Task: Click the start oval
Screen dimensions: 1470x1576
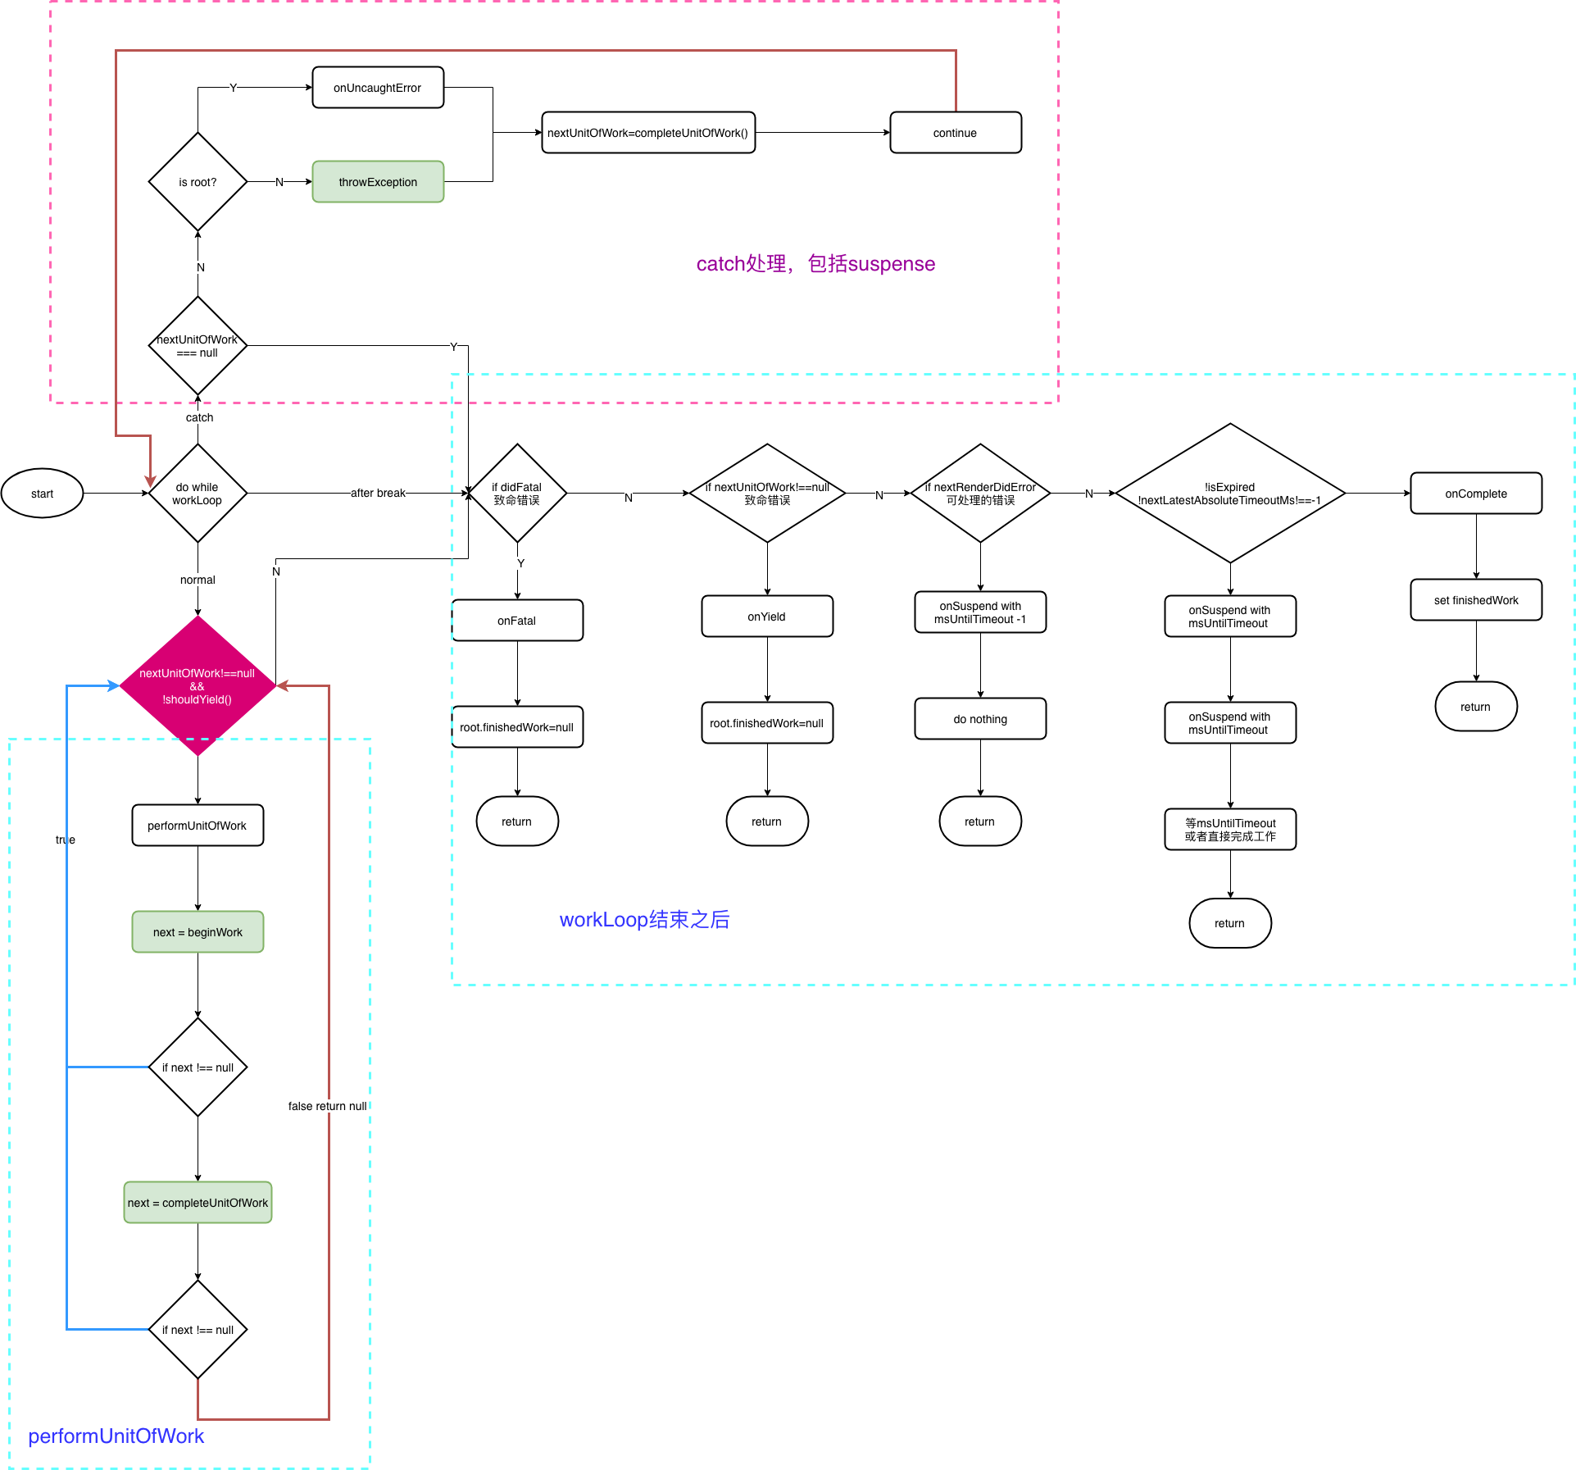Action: tap(43, 494)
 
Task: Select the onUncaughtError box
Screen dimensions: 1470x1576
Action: tap(378, 88)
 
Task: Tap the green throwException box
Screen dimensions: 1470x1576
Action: tap(378, 182)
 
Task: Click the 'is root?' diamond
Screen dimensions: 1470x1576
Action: tap(198, 182)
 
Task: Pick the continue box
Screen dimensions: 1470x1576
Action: tap(956, 133)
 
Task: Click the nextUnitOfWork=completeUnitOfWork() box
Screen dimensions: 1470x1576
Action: tap(648, 133)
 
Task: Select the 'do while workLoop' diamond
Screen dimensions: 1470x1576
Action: tap(198, 494)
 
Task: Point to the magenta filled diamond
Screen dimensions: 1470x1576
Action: tap(198, 686)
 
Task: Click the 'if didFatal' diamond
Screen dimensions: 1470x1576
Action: tap(517, 494)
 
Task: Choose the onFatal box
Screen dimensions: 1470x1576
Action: tap(517, 621)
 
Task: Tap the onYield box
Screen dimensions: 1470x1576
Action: tap(767, 617)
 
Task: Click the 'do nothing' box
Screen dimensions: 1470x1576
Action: tap(980, 719)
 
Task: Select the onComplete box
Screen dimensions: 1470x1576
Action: tap(1476, 494)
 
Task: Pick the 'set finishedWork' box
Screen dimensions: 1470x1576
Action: tap(1476, 600)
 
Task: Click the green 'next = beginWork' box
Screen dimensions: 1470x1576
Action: tap(198, 932)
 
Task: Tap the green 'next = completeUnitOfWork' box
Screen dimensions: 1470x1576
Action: tap(198, 1203)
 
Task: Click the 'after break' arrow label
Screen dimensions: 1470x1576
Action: tap(378, 493)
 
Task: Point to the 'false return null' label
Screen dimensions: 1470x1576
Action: tap(327, 1106)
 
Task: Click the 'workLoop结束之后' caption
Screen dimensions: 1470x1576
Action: tap(644, 920)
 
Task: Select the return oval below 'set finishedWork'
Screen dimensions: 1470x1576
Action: tap(1476, 707)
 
